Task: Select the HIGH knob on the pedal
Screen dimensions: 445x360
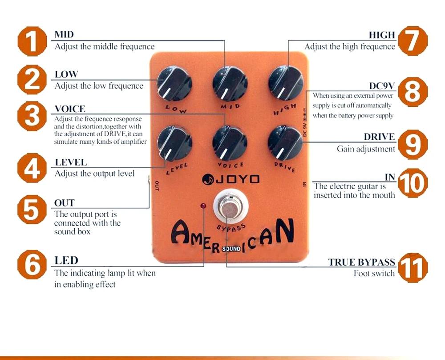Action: pos(285,83)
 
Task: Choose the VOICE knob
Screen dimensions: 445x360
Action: pos(230,142)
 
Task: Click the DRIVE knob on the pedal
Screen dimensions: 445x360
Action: pos(285,142)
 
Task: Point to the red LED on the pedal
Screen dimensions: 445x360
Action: pos(203,206)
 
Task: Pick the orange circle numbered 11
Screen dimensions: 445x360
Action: pos(413,267)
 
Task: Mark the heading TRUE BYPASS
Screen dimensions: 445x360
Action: pos(361,262)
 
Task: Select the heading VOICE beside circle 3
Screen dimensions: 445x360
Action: pos(69,109)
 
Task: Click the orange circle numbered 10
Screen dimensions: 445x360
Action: pos(413,183)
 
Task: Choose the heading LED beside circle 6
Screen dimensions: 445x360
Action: pos(66,260)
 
